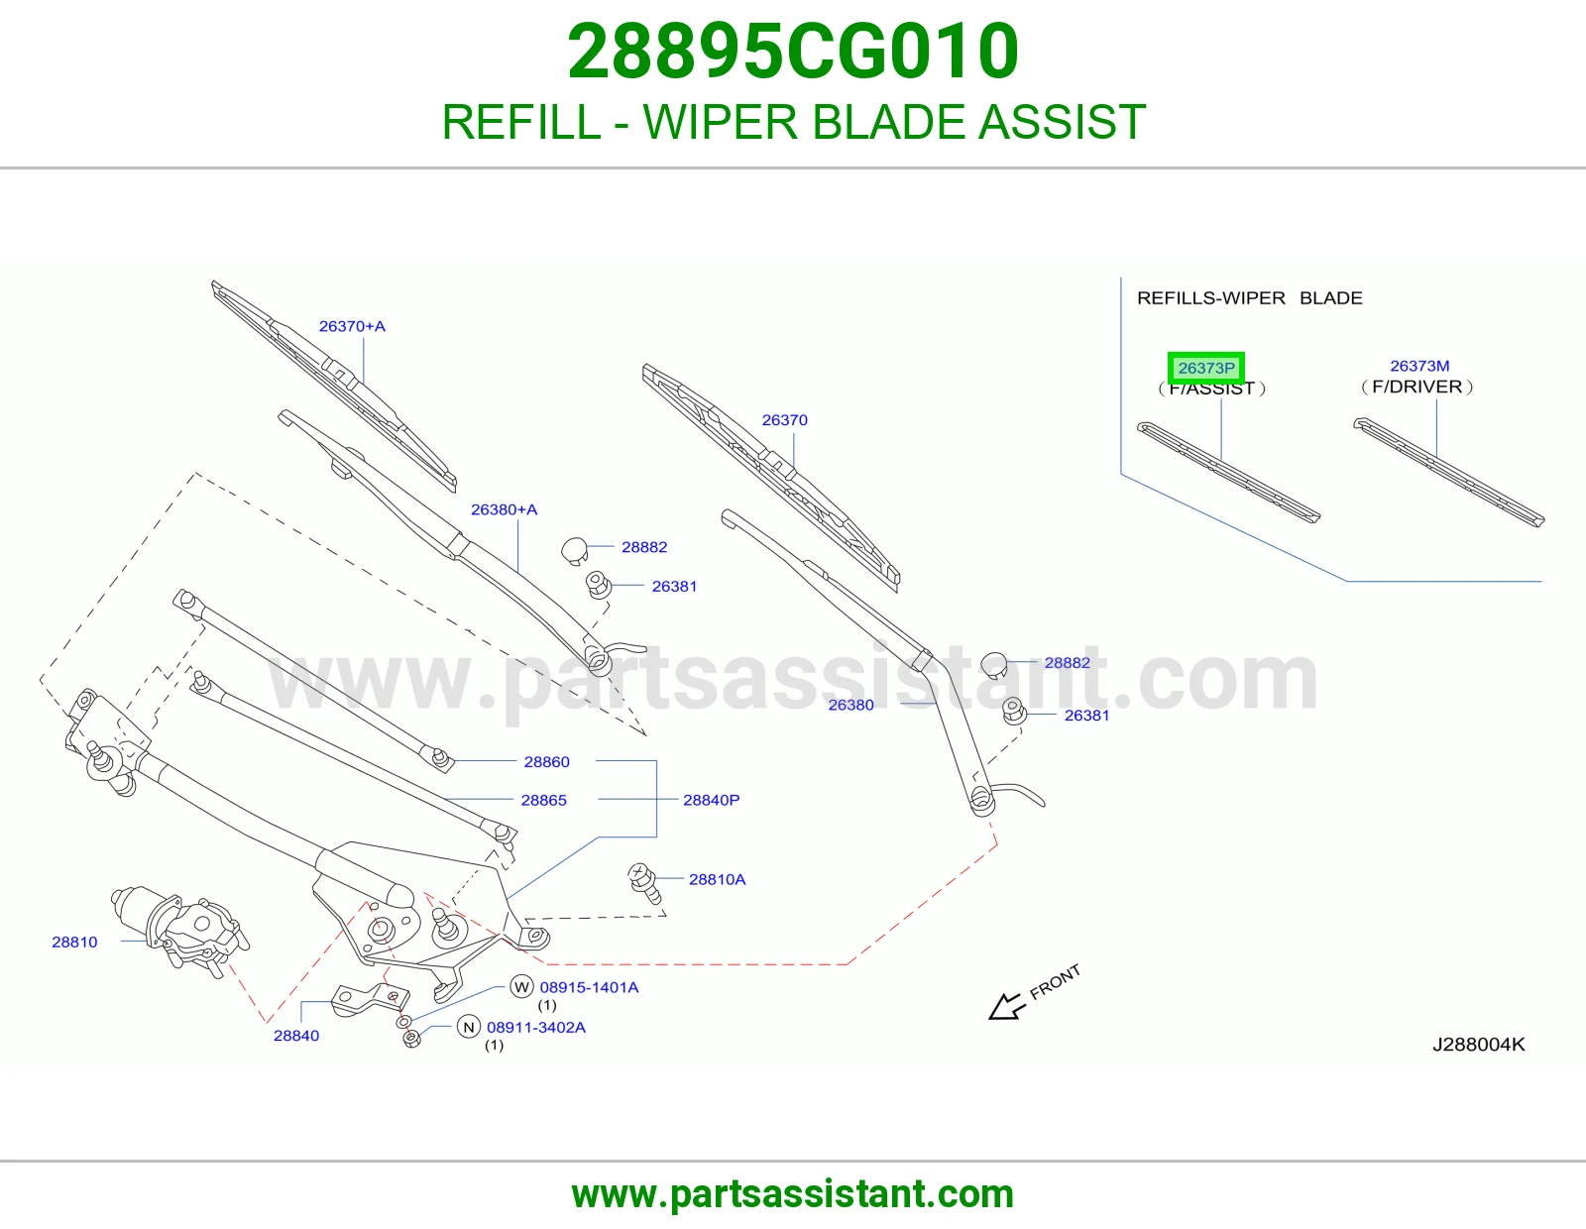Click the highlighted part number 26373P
1206,368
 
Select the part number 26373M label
1419,366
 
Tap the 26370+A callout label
352,326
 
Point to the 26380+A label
504,509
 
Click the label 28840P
711,800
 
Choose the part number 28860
546,762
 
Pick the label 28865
544,800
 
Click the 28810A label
717,879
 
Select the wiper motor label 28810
74,943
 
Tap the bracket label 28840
296,1036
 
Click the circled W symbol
521,987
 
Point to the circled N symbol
469,1028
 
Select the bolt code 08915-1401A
589,987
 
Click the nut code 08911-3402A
536,1028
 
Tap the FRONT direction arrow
1008,1007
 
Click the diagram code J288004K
1479,1045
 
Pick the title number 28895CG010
793,51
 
